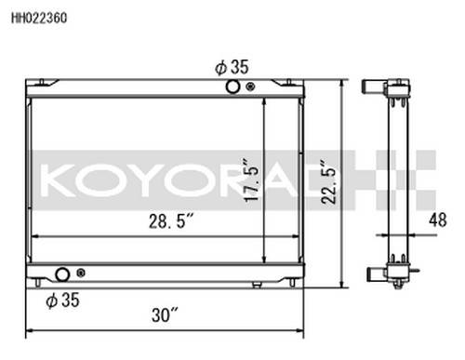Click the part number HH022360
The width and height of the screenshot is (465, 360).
click(39, 18)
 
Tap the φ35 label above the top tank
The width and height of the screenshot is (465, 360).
click(232, 67)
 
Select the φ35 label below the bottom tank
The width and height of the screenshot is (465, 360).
click(62, 300)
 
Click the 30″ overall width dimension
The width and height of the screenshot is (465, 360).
click(165, 315)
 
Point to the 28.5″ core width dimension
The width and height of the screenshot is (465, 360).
click(171, 221)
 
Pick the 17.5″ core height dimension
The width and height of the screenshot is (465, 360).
click(251, 180)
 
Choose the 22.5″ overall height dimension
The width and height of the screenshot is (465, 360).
click(328, 181)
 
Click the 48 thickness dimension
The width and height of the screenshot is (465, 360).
click(438, 220)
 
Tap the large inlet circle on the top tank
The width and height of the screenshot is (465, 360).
click(232, 87)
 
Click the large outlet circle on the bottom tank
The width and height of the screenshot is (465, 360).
click(62, 274)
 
